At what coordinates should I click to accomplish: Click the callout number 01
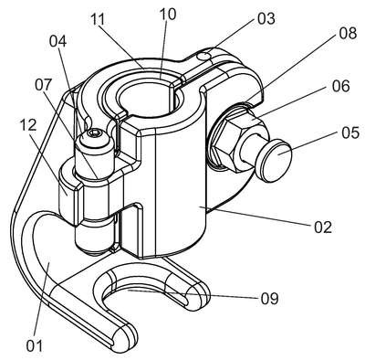35,346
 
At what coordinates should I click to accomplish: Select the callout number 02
323,227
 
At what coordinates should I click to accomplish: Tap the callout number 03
266,18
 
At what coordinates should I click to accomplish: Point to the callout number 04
57,42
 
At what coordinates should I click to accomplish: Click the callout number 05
350,133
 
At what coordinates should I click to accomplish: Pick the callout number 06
340,86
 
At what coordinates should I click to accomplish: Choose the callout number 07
44,85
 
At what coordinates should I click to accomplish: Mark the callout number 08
348,34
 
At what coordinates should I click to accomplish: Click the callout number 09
269,299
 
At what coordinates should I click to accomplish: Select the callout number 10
167,14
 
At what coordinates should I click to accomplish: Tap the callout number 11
98,19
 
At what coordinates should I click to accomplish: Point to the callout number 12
28,125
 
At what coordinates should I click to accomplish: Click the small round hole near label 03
205,57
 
